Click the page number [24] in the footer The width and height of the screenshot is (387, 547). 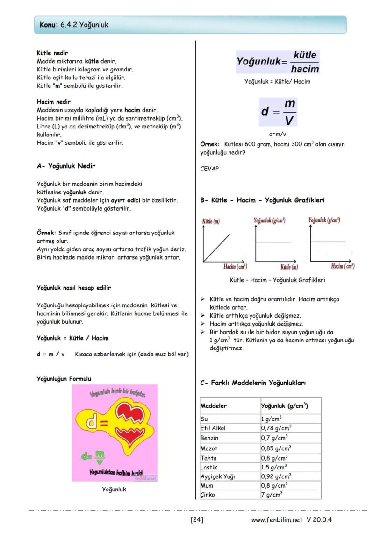(197, 519)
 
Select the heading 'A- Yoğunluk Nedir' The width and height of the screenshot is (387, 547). (66, 166)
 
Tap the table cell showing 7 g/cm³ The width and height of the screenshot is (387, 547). (271, 495)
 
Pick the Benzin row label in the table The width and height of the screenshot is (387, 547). (209, 438)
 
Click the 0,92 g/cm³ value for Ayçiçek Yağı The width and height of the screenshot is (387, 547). (276, 476)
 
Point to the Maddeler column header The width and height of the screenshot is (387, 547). (214, 405)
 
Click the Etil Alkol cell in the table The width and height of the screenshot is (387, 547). (213, 428)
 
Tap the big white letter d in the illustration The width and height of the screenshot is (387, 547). (93, 423)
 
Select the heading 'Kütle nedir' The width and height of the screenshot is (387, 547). (52, 53)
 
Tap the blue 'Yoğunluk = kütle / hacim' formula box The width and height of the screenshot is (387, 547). (278, 62)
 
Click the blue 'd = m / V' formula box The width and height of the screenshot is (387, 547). (278, 112)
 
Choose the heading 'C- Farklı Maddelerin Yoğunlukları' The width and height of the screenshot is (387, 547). (253, 383)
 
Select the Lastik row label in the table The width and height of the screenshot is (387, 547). (209, 467)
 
